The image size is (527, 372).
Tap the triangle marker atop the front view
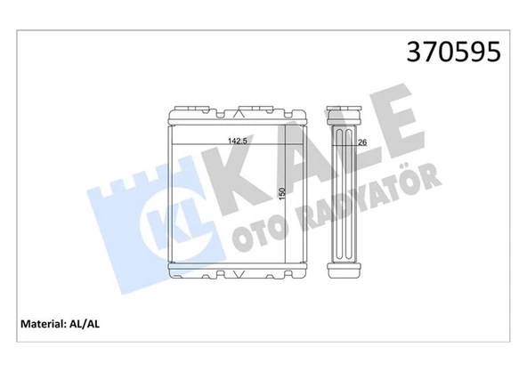[x=238, y=114]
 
